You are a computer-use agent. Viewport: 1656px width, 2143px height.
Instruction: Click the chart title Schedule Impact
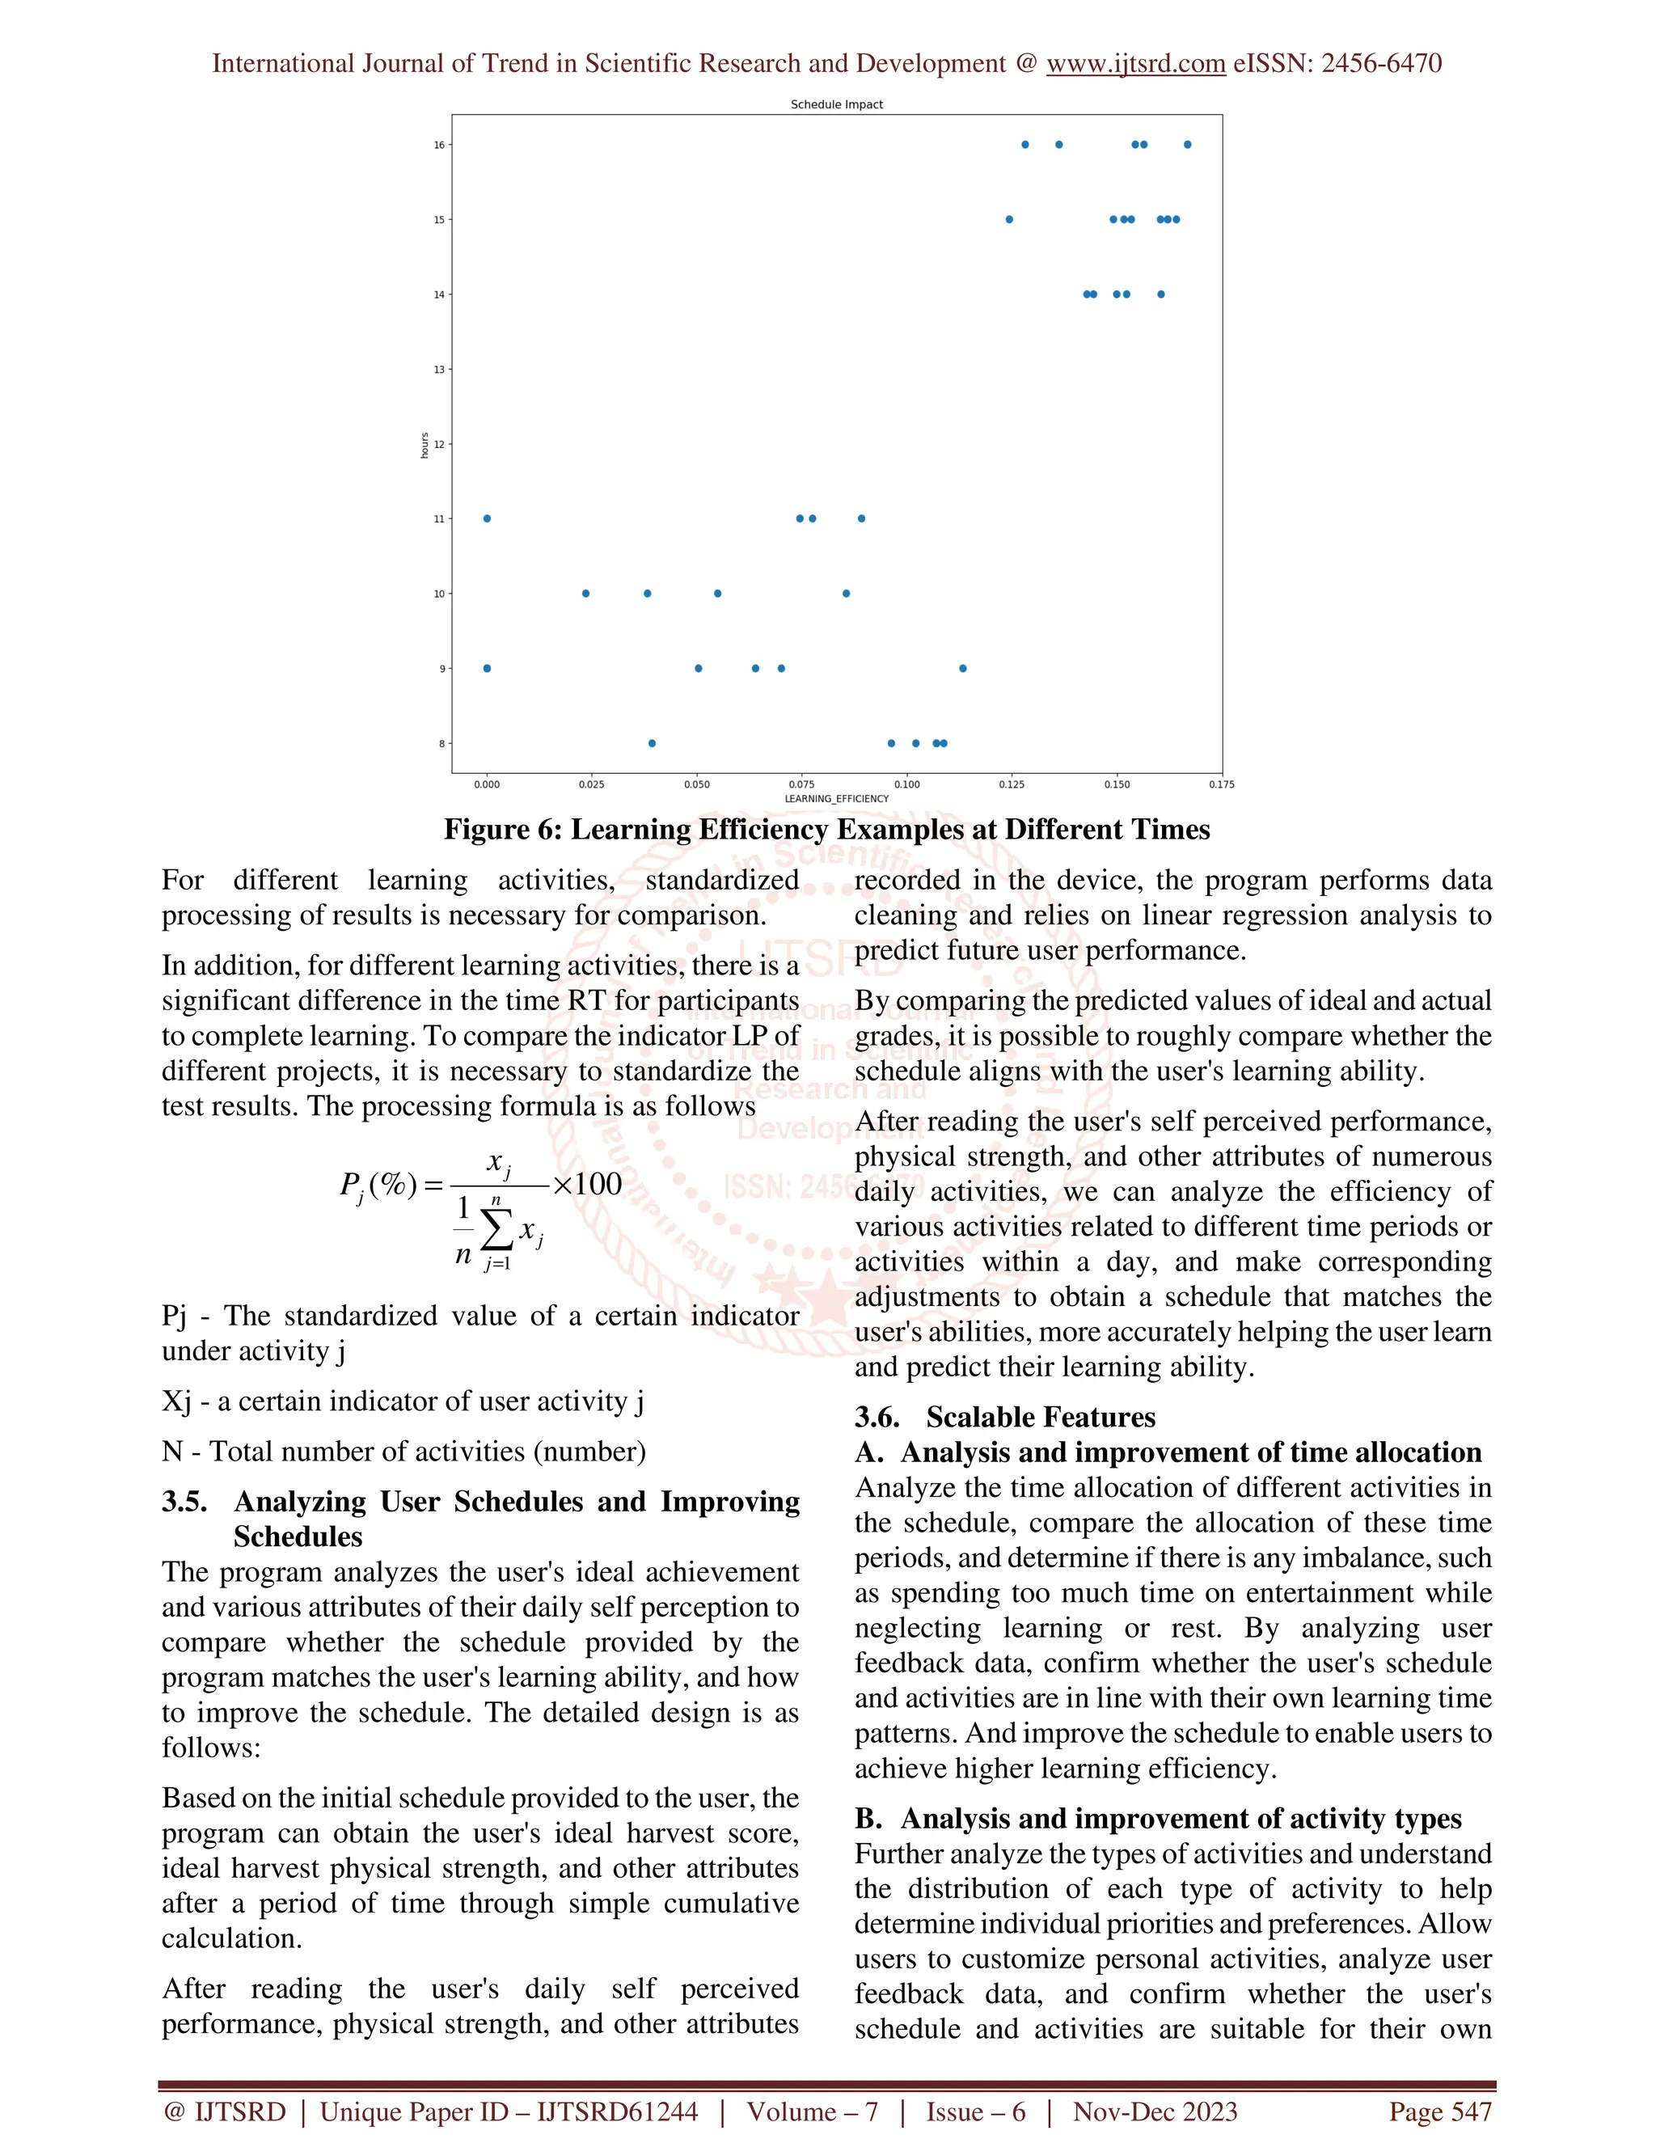[x=836, y=104]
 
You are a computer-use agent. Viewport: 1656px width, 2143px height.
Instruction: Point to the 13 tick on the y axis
[x=440, y=370]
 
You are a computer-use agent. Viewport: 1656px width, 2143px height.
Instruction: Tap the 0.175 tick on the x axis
[x=1222, y=785]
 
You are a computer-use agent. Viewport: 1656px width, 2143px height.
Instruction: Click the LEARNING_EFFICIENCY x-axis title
[x=836, y=799]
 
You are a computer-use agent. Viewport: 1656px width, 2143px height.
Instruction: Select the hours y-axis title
[x=424, y=445]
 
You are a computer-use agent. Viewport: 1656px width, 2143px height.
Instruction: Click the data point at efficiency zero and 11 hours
[x=487, y=519]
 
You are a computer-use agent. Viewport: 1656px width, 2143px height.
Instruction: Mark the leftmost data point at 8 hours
[x=653, y=744]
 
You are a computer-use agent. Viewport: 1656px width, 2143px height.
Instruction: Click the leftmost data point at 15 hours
[x=1009, y=220]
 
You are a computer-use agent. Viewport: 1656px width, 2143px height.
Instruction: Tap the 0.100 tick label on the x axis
[x=906, y=785]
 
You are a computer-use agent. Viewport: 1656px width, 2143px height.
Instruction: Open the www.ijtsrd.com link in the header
[x=1135, y=64]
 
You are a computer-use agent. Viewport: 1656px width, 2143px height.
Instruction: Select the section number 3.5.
[x=185, y=1503]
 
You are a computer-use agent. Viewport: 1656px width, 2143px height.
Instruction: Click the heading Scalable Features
[x=1040, y=1418]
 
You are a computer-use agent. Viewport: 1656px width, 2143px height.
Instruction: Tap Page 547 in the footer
[x=1439, y=2111]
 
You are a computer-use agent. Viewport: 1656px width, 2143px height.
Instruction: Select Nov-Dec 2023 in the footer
[x=1155, y=2111]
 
